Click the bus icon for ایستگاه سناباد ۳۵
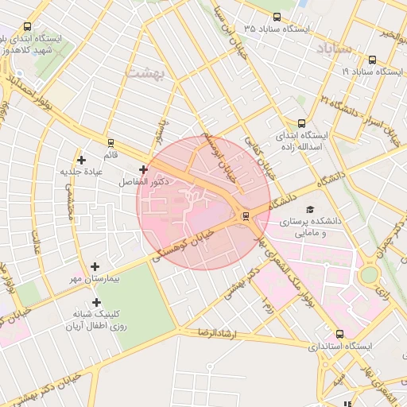click(277, 17)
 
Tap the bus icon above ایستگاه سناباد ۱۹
click(373, 60)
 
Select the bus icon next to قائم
click(110, 143)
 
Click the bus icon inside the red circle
click(245, 215)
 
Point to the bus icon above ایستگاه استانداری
click(340, 335)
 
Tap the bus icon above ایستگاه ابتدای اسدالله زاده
click(300, 123)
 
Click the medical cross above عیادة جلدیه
click(81, 161)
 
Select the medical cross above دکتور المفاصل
click(143, 169)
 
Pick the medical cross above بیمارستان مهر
click(95, 267)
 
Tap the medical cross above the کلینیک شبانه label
click(96, 302)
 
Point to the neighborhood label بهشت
click(144, 72)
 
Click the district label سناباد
click(333, 49)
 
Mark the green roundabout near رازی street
click(368, 275)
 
